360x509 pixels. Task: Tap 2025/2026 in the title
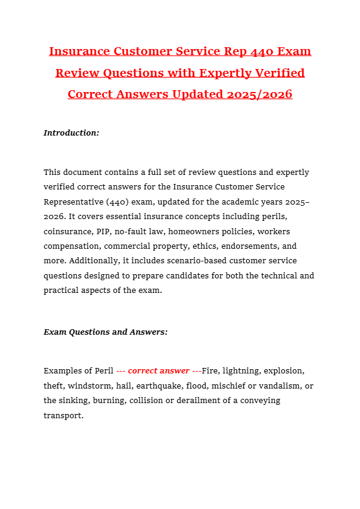click(x=260, y=94)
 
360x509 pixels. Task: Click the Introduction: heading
click(x=71, y=133)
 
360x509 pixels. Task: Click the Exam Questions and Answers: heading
click(x=105, y=332)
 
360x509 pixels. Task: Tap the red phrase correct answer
click(x=159, y=371)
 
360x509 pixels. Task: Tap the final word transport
click(x=63, y=416)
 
